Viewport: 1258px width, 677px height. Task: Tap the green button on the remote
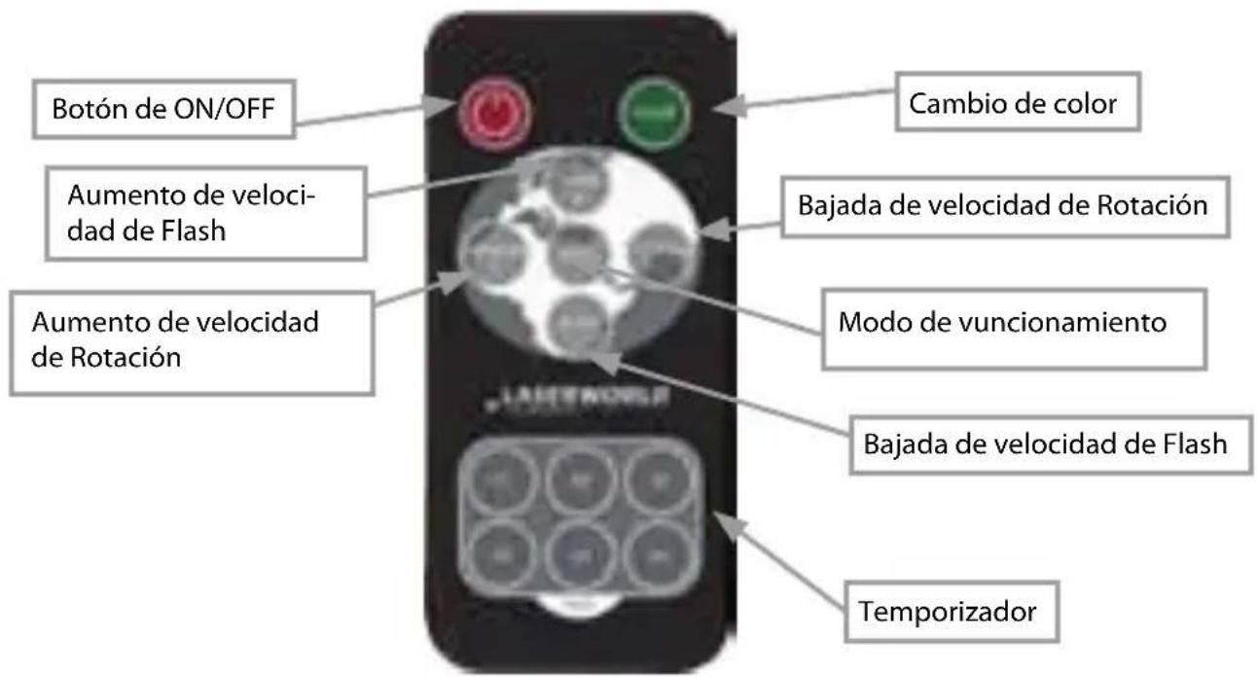click(x=654, y=115)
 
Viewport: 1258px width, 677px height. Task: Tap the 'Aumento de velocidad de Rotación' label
click(x=191, y=338)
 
